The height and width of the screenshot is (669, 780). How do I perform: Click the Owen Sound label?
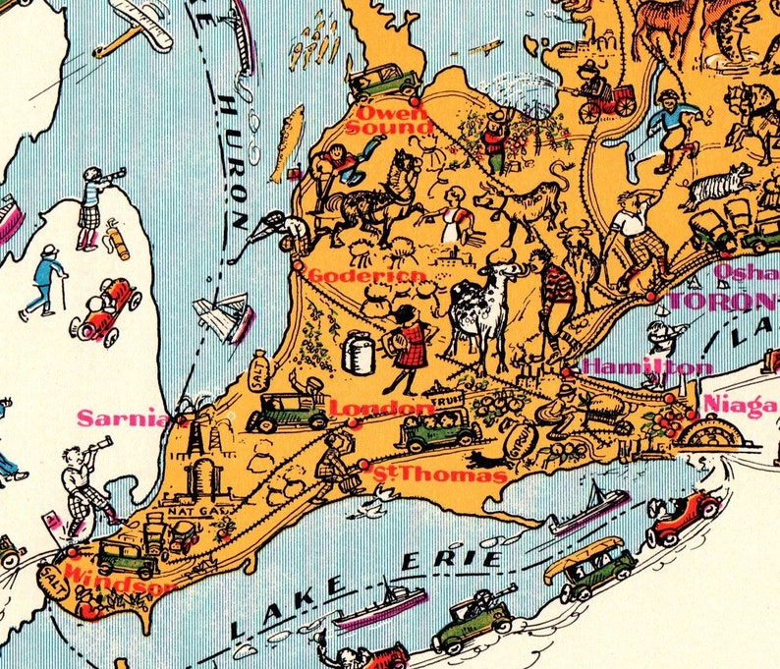pos(390,119)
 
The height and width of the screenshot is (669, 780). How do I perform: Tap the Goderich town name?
pos(366,276)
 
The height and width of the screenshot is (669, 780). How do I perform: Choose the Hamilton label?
pos(646,366)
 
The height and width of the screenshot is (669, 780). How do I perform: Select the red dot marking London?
pos(354,423)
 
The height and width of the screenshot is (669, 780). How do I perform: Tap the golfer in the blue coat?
pos(43,279)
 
